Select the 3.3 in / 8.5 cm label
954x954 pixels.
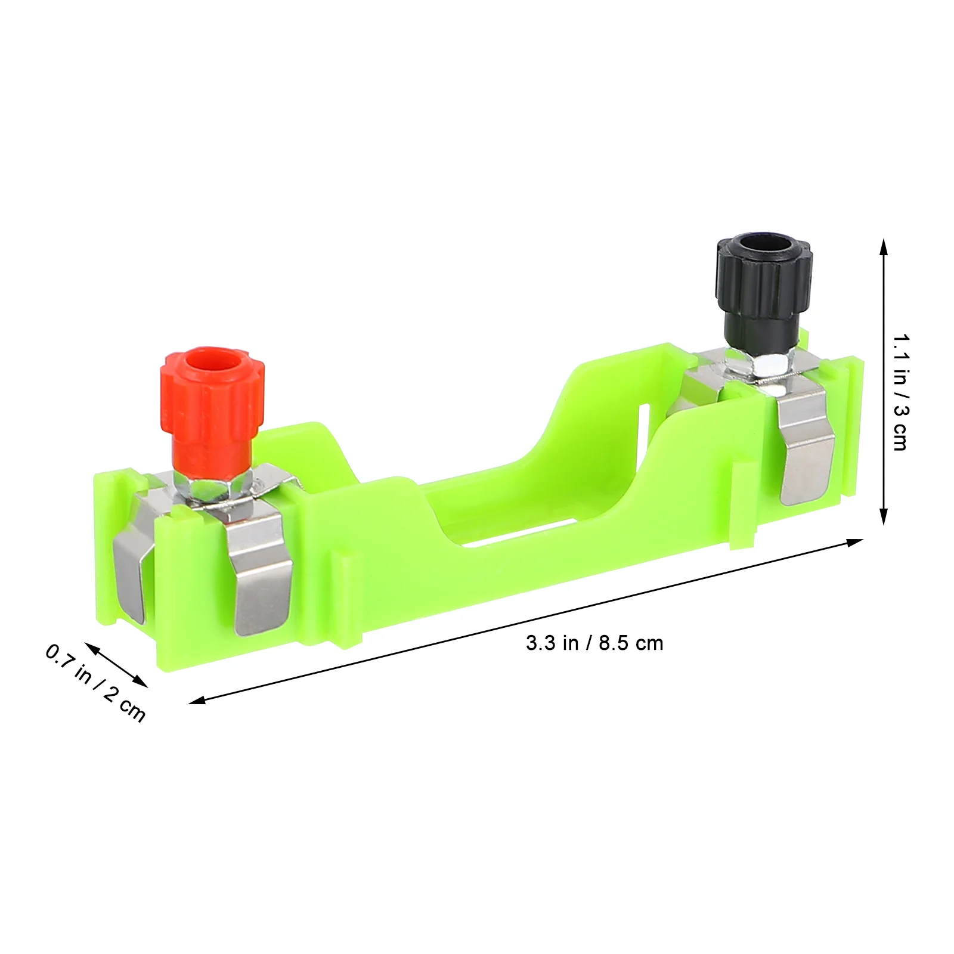[x=594, y=643]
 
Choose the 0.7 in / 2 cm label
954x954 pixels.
[x=95, y=682]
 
